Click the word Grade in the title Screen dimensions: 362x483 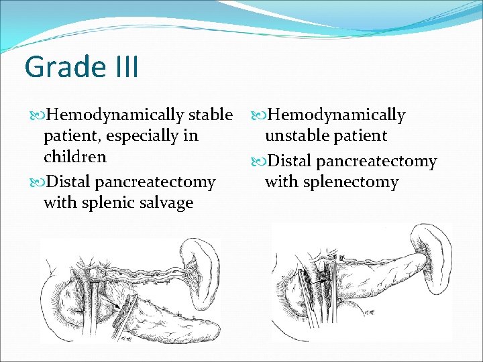tap(56, 67)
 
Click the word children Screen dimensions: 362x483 tap(74, 157)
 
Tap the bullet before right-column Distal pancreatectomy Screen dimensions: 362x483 tap(258, 162)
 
